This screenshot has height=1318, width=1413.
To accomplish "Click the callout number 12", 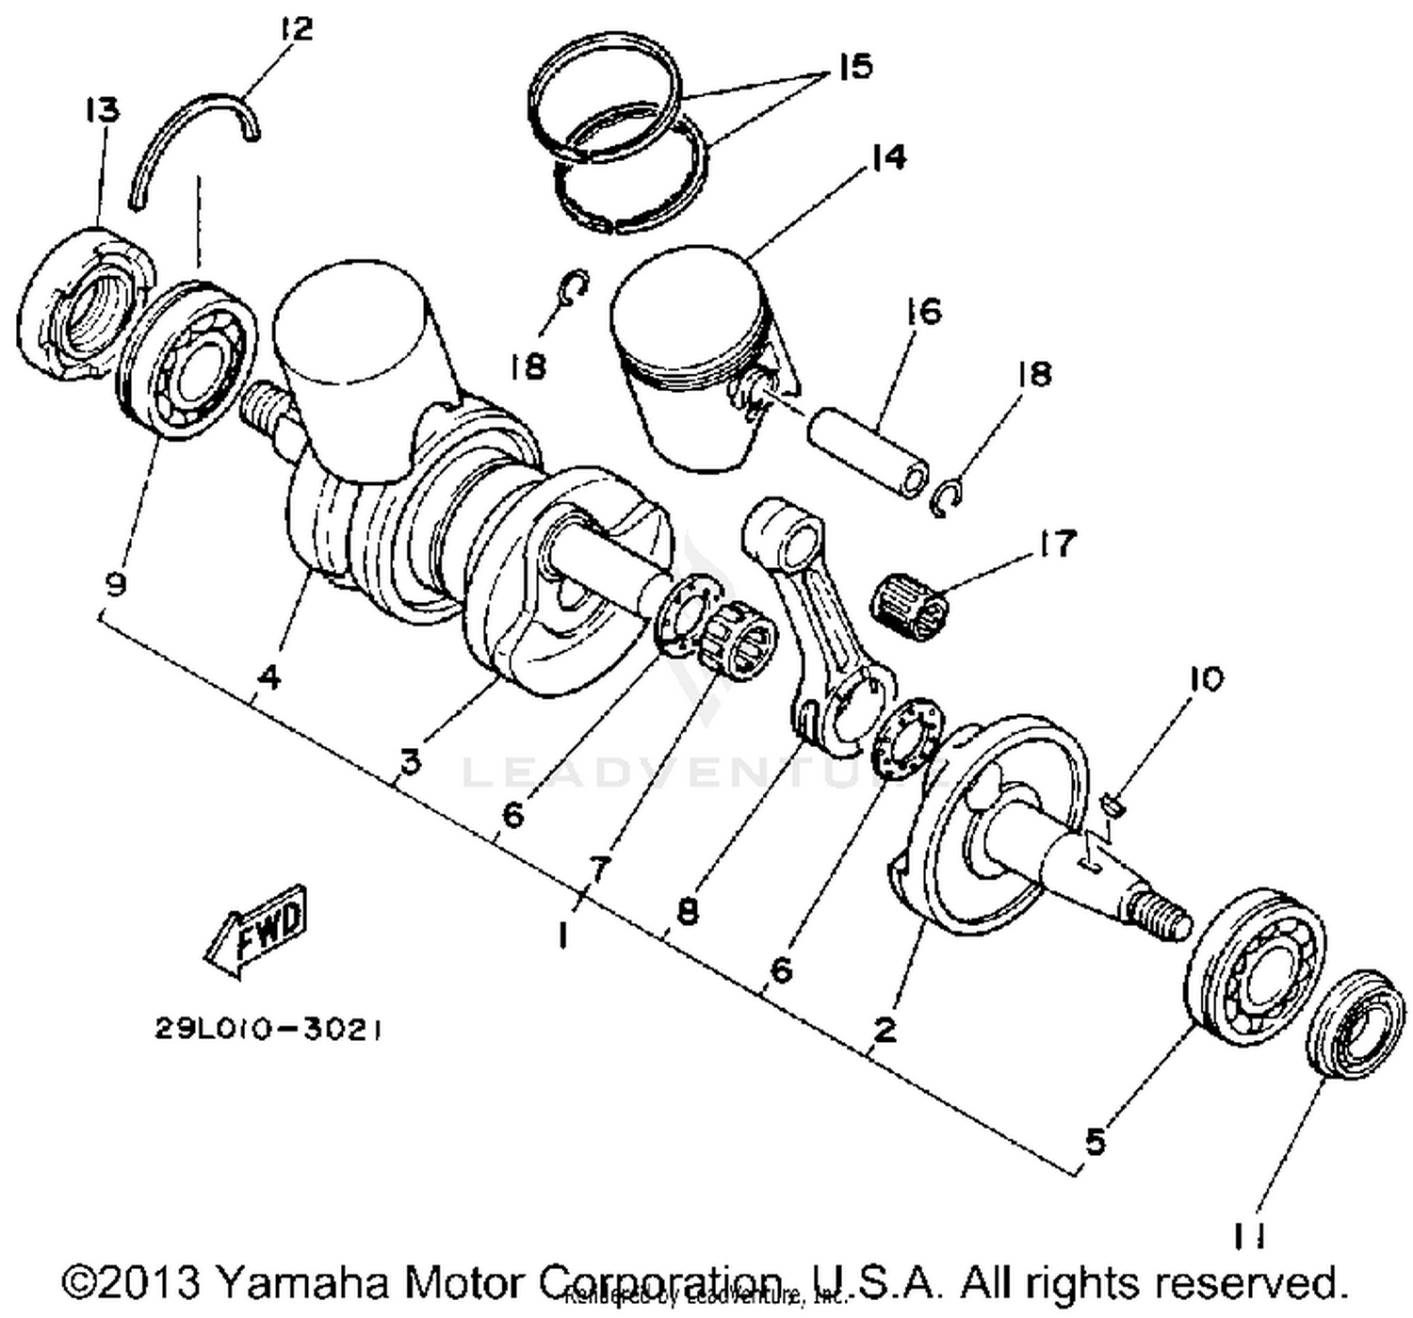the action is (x=296, y=28).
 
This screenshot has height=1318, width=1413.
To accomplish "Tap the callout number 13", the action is (x=103, y=110).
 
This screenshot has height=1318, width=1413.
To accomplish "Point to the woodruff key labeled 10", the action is (x=1114, y=804).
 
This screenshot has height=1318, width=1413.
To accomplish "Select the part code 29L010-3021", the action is (x=269, y=1030).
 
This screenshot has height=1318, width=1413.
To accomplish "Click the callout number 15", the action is (x=855, y=67).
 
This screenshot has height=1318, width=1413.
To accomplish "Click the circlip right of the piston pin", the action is (x=948, y=498).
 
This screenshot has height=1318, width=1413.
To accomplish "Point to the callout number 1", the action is (x=562, y=936).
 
